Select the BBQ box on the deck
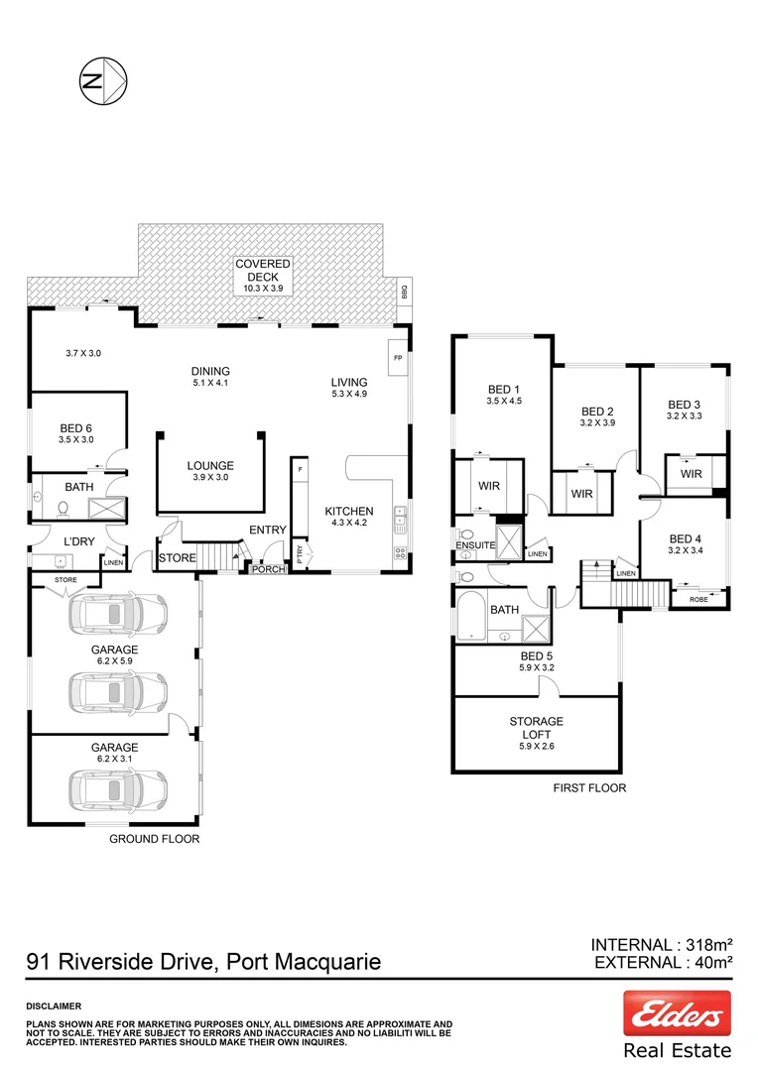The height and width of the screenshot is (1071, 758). tap(404, 294)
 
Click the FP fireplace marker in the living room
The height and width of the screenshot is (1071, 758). tap(398, 358)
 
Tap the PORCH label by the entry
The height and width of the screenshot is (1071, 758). tap(267, 569)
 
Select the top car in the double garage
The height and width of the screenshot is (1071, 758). tap(117, 615)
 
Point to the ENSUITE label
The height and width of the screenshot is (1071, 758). tap(475, 545)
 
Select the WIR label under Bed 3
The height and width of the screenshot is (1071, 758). tap(691, 474)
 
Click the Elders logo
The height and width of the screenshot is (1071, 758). tap(677, 1013)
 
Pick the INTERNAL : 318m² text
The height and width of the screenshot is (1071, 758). tap(661, 944)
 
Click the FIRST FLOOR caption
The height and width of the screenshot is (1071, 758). tap(589, 787)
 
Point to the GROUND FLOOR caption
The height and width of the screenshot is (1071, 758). tap(154, 838)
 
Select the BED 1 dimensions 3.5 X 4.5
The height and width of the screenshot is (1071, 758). tap(503, 402)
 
